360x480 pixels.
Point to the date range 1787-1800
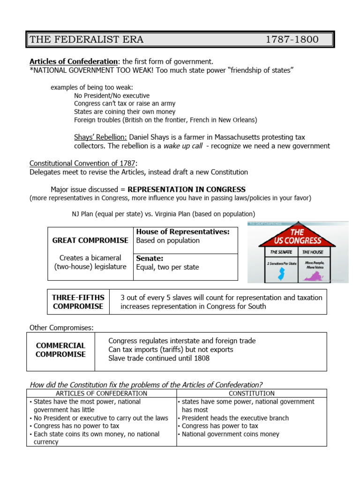click(292, 39)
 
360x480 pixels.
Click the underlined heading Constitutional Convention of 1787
click(82, 164)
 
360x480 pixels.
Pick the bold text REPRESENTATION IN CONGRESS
click(187, 189)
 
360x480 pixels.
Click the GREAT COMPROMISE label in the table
click(90, 240)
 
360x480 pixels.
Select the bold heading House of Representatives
click(183, 232)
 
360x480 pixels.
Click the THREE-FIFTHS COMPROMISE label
click(78, 302)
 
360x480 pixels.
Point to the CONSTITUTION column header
click(252, 393)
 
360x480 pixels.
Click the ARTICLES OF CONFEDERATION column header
click(102, 393)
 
